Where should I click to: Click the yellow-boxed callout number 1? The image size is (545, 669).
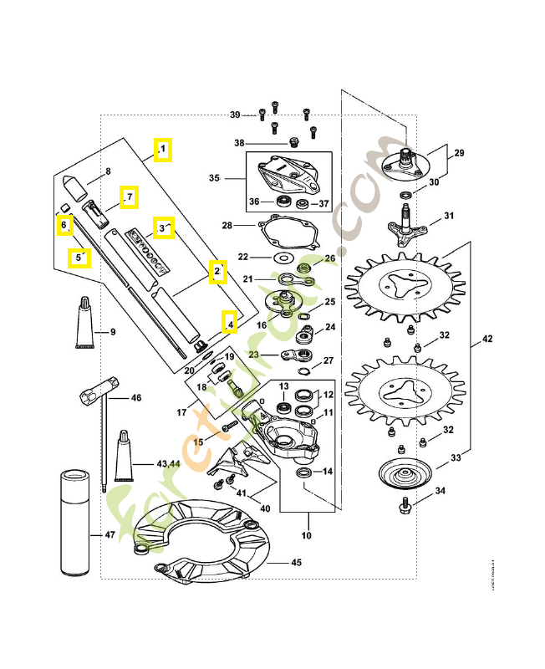click(x=162, y=150)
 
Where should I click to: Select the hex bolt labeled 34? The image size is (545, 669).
click(x=406, y=503)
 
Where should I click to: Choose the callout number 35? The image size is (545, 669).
click(x=213, y=178)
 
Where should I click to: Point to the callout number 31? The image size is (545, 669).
click(x=449, y=216)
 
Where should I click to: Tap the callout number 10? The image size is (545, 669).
click(x=307, y=535)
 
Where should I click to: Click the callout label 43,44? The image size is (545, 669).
click(x=168, y=463)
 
